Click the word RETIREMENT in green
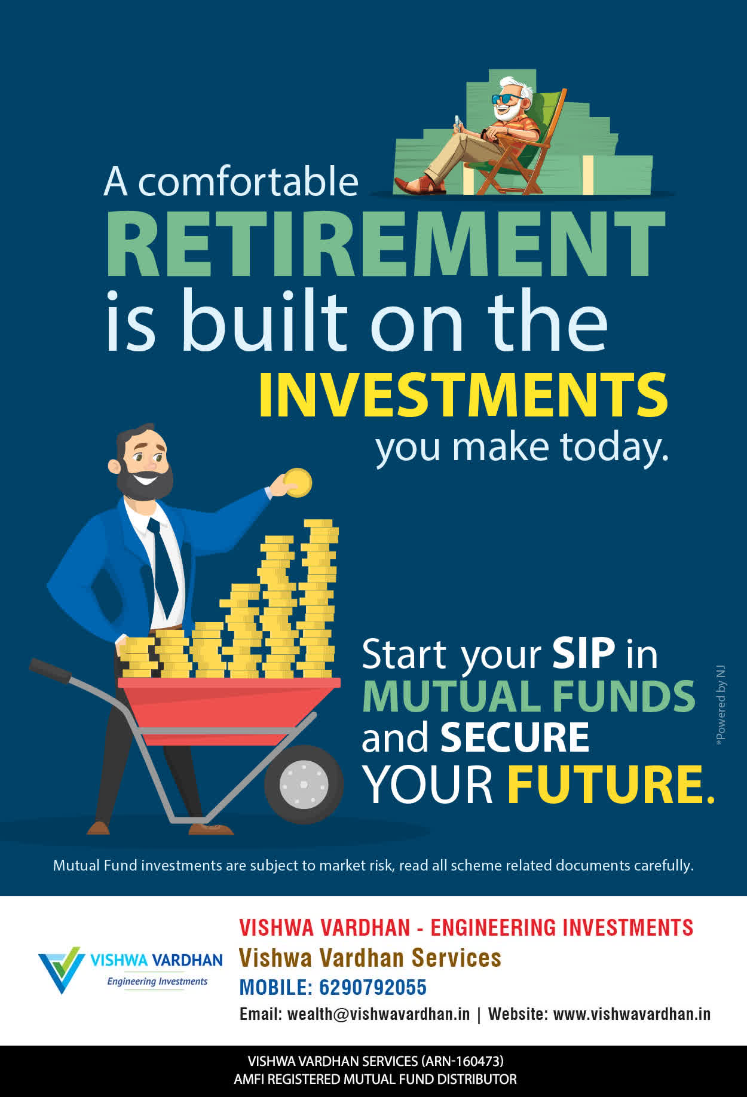coord(385,243)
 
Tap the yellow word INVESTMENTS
coord(463,395)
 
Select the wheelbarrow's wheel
coord(304,784)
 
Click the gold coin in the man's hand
coord(298,483)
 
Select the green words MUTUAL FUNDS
coord(529,696)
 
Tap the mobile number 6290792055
coord(373,987)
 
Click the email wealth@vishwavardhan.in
coord(378,1015)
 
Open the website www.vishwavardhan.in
coord(632,1014)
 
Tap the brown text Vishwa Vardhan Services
coord(370,958)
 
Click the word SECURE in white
coord(515,737)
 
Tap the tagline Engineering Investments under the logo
coord(157,982)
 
